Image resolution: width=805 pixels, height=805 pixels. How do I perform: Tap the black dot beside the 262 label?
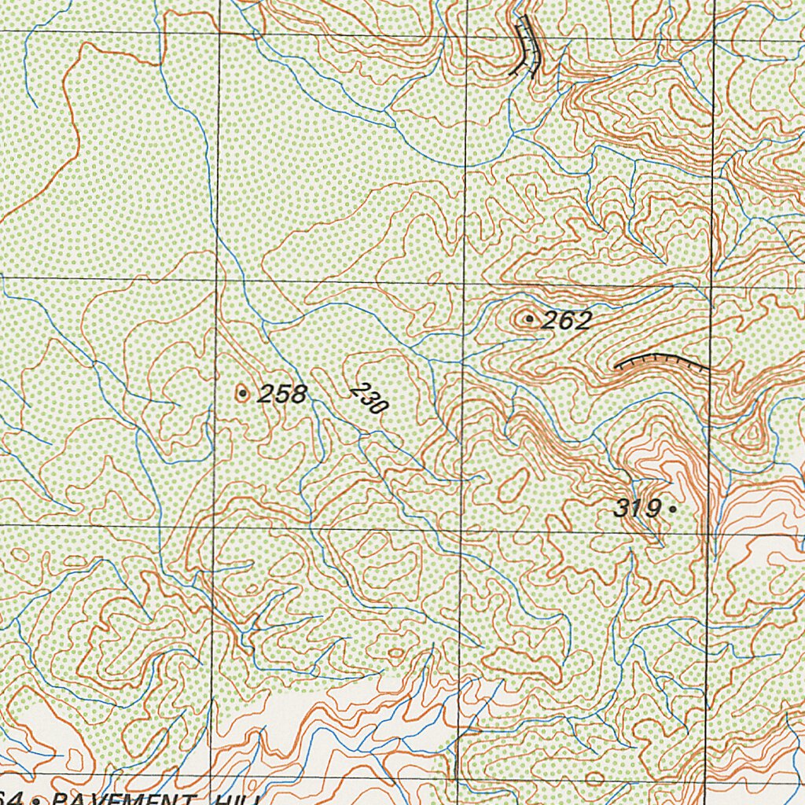pyautogui.click(x=530, y=318)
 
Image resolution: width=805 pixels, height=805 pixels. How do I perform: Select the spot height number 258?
pyautogui.click(x=282, y=394)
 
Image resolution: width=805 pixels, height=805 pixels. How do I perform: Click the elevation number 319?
pyautogui.click(x=637, y=509)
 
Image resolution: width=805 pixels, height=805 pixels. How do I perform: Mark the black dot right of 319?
pyautogui.click(x=671, y=509)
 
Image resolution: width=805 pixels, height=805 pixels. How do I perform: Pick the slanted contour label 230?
pyautogui.click(x=369, y=399)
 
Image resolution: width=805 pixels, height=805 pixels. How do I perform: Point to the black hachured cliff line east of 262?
pyautogui.click(x=660, y=361)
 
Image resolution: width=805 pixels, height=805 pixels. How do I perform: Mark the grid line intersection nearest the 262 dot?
pyautogui.click(x=463, y=281)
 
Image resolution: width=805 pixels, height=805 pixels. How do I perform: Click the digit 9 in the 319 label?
pyautogui.click(x=652, y=509)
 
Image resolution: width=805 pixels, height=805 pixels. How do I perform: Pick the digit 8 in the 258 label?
pyautogui.click(x=298, y=394)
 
